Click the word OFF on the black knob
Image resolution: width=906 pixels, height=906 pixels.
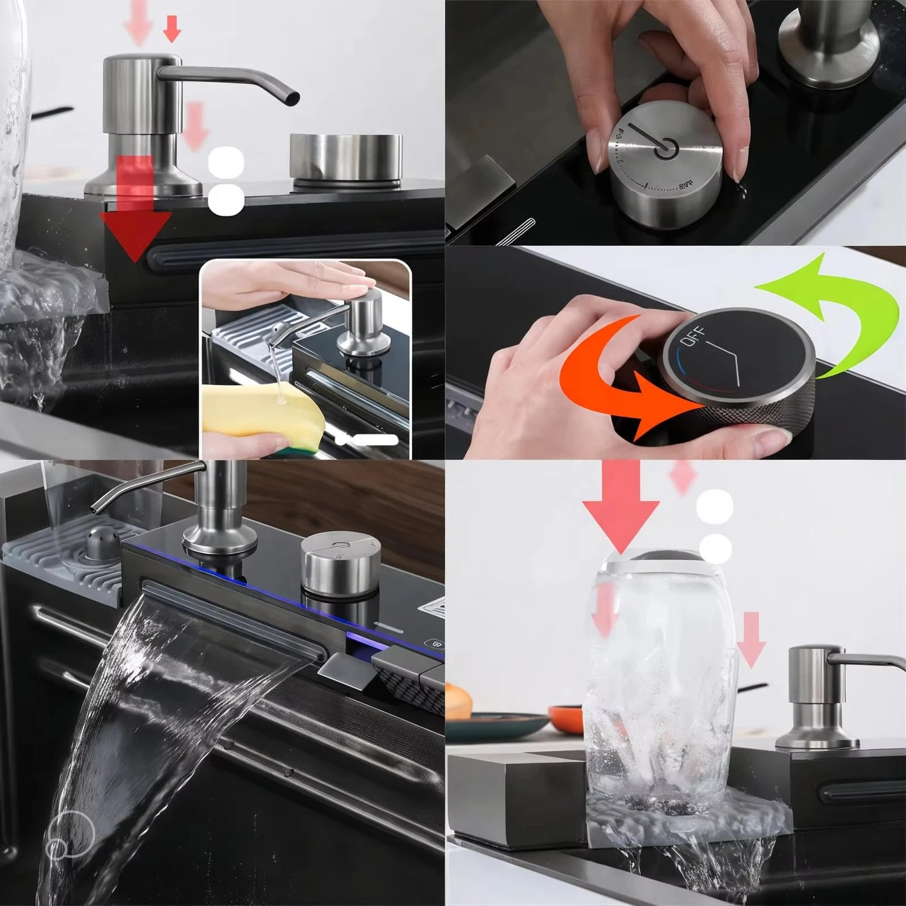(x=692, y=337)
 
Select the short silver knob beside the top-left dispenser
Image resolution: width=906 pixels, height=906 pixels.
(x=345, y=157)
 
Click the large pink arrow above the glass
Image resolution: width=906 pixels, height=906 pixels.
(x=621, y=508)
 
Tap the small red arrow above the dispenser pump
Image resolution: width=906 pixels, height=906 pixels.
(x=172, y=27)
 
